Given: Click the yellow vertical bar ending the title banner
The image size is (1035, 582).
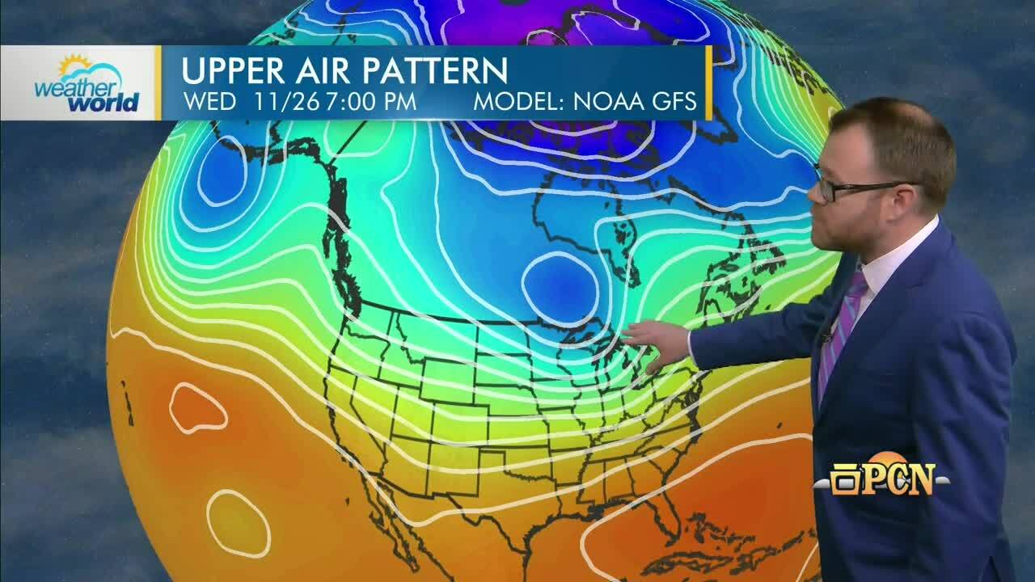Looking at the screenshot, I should [x=709, y=82].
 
